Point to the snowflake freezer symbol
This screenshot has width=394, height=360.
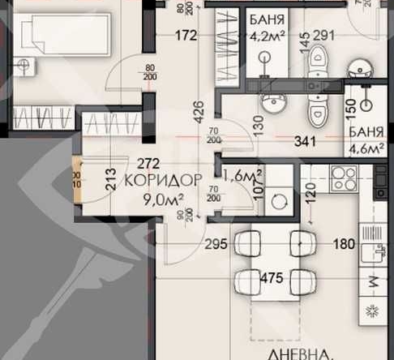(x=372, y=311)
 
